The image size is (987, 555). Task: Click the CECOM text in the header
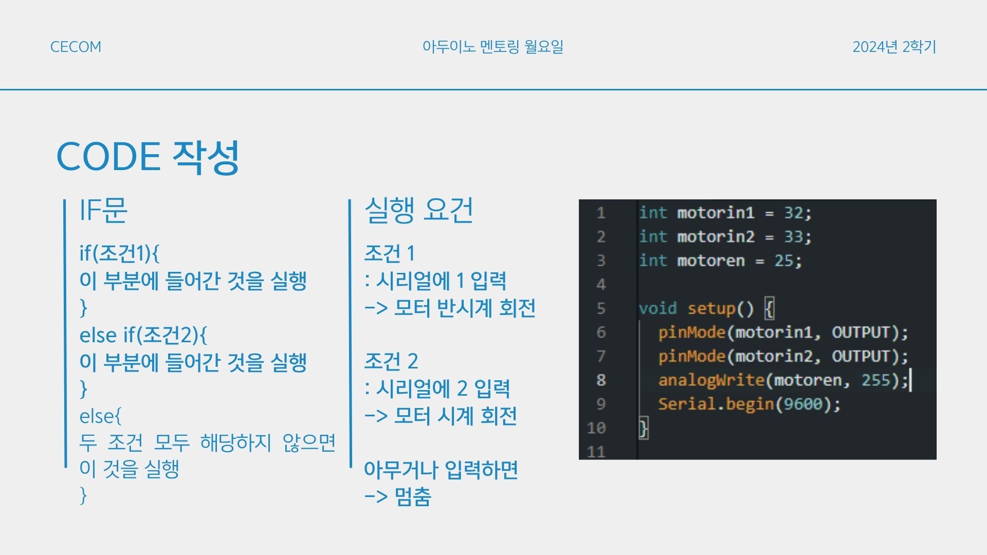click(x=76, y=47)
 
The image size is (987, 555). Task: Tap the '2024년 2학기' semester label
click(x=894, y=47)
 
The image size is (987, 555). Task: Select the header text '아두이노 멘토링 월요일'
click(x=493, y=47)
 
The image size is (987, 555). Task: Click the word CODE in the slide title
click(x=108, y=157)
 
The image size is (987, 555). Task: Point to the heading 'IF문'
click(x=103, y=210)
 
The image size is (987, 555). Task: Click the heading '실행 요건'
click(x=418, y=210)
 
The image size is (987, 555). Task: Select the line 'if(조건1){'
click(x=119, y=253)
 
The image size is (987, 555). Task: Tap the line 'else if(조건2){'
click(x=143, y=335)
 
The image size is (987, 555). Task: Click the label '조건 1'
click(x=389, y=253)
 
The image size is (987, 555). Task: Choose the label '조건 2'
click(x=391, y=361)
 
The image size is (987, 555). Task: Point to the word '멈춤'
click(x=413, y=497)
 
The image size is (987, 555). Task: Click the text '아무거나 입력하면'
click(x=441, y=470)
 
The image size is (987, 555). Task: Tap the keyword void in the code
click(x=657, y=308)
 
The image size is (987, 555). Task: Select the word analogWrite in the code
click(x=711, y=380)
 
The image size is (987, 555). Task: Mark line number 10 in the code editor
click(x=596, y=428)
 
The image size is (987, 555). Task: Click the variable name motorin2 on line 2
click(x=716, y=237)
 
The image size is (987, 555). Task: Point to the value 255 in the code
click(x=876, y=380)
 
